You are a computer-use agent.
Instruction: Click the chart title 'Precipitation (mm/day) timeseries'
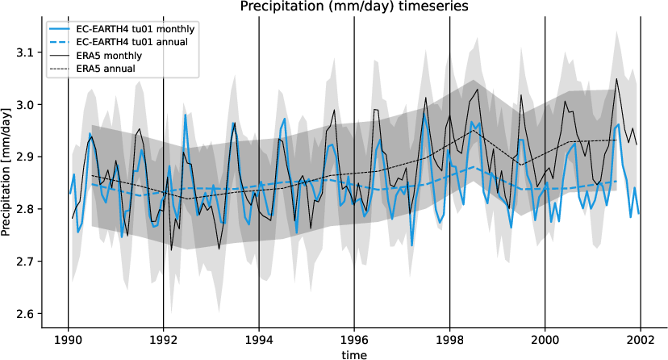[x=353, y=7]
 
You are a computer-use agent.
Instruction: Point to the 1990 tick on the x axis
[x=68, y=340]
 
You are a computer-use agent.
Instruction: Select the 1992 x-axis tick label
[x=164, y=340]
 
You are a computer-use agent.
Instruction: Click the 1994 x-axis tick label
[x=259, y=340]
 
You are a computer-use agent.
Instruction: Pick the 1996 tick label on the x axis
[x=354, y=340]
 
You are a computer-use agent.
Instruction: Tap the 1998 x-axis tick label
[x=450, y=340]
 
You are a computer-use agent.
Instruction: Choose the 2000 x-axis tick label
[x=545, y=340]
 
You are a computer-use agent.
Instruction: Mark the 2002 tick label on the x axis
[x=641, y=340]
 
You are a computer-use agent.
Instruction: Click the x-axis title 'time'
[x=354, y=354]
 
